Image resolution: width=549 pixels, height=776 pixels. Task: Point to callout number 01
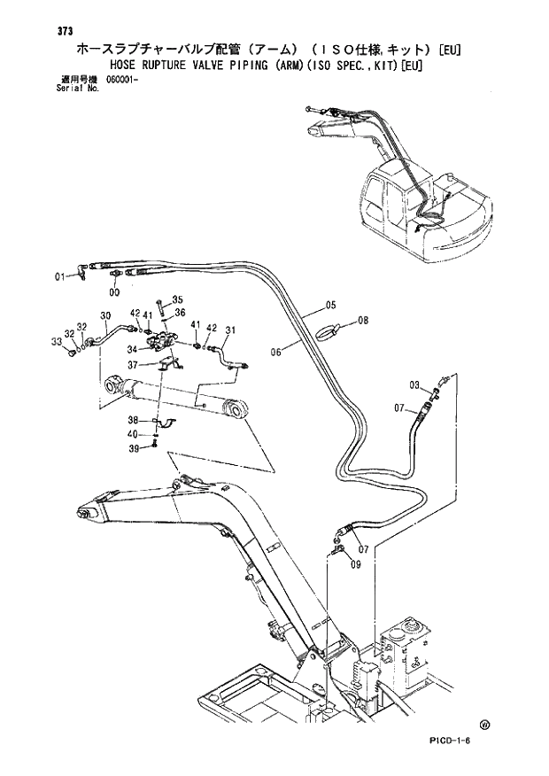click(x=60, y=276)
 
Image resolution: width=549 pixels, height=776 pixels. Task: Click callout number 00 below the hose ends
click(x=114, y=291)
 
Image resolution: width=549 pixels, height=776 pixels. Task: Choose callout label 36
click(x=179, y=312)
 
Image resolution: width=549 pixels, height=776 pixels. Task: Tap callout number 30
click(x=105, y=315)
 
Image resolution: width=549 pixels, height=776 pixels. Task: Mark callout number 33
click(x=56, y=341)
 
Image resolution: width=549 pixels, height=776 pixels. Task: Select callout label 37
click(x=132, y=365)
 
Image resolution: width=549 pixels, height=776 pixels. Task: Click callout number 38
click(x=132, y=420)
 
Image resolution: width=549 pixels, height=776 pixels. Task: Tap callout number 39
click(x=132, y=449)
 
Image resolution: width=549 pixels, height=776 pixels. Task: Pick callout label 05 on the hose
click(x=331, y=306)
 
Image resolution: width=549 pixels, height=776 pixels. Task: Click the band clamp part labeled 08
click(x=327, y=331)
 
